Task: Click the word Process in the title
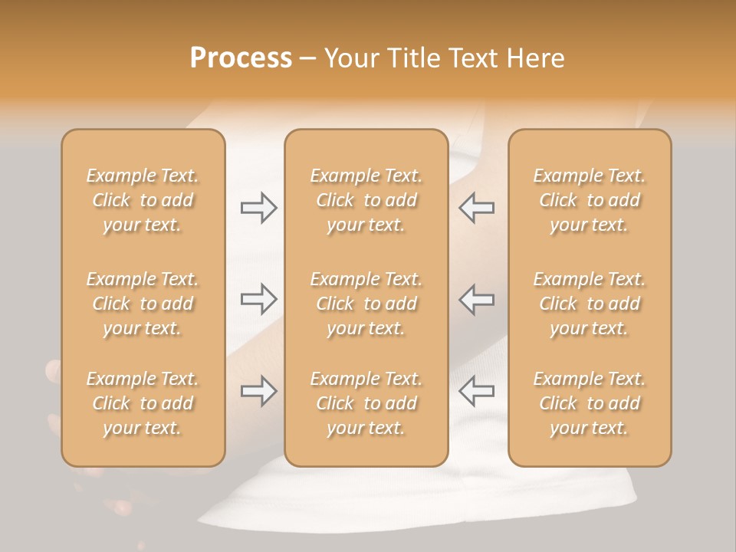click(241, 58)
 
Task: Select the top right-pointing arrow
click(259, 207)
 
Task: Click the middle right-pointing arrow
click(259, 299)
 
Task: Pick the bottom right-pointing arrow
click(259, 391)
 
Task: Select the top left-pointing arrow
click(476, 207)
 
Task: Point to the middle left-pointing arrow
click(476, 299)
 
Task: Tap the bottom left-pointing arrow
click(476, 391)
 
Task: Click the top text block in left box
click(143, 200)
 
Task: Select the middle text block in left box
click(143, 304)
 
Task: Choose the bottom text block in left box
click(143, 403)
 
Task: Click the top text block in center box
click(366, 200)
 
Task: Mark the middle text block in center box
click(366, 304)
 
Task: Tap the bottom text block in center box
click(366, 403)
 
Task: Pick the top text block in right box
click(590, 200)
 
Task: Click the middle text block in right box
click(590, 304)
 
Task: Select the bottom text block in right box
click(590, 403)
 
